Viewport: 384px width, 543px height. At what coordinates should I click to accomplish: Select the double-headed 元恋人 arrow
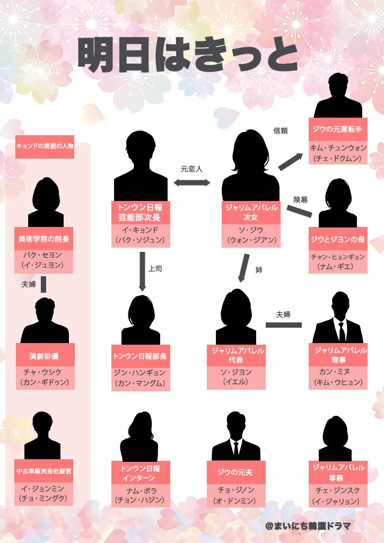coord(192,182)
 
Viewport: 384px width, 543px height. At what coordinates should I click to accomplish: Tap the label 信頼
coord(281,130)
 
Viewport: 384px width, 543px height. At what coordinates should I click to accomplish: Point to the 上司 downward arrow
coord(142,271)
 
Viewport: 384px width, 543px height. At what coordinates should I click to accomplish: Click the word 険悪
coord(301,200)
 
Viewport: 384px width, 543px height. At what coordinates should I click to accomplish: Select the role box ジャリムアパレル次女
coord(250,212)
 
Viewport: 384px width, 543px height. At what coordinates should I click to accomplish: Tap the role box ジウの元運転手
coord(338,129)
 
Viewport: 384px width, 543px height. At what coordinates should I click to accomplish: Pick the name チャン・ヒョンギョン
coord(338,257)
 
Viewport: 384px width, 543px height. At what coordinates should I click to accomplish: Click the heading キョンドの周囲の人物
coord(45,146)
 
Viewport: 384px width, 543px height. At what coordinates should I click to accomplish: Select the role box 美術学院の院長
coord(44,239)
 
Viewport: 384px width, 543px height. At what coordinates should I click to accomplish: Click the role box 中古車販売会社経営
coord(44,470)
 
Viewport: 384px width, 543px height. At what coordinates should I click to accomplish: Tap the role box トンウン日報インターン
coord(141,473)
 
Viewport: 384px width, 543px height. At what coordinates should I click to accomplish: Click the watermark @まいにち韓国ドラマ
coord(308,526)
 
